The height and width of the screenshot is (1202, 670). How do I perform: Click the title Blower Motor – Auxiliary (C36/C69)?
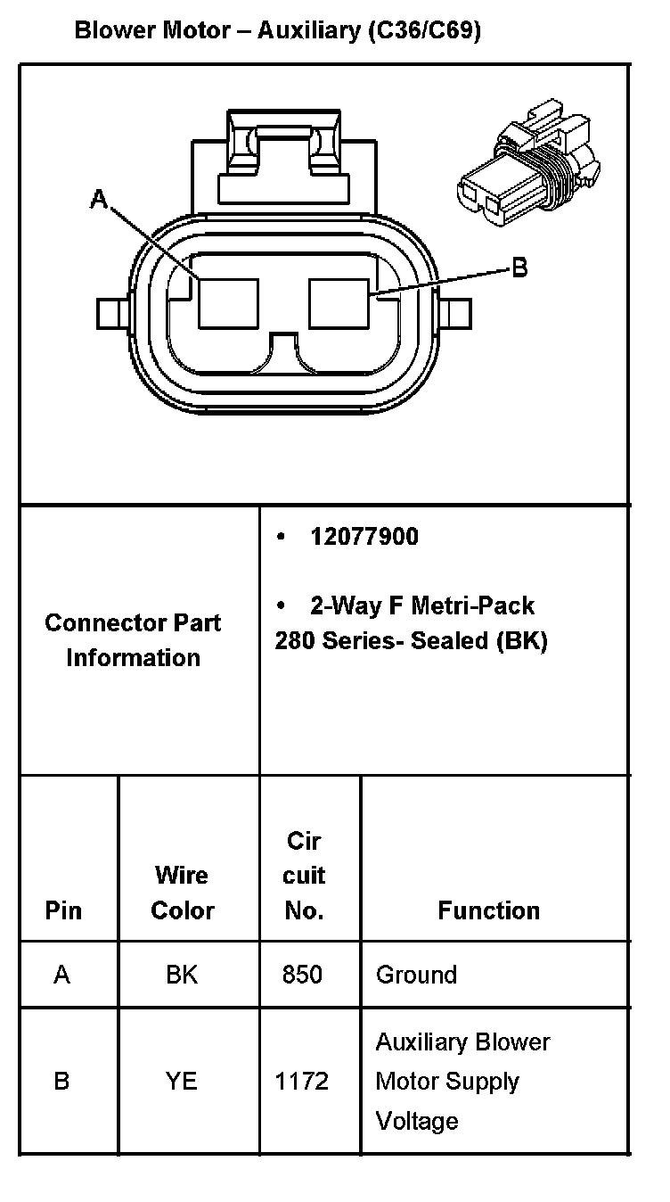pos(278,31)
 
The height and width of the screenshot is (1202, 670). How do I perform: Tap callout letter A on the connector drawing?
pos(99,200)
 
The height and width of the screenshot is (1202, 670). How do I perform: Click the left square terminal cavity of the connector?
pos(228,302)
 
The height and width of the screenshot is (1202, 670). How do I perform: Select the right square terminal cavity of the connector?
pos(339,302)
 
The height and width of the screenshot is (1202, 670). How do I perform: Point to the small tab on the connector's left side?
pos(113,313)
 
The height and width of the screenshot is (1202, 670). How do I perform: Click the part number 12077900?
pos(364,537)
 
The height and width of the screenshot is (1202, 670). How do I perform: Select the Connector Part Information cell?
pos(133,639)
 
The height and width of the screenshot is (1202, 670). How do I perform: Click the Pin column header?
pos(63,910)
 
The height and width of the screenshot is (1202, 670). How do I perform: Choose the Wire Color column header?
pos(183,893)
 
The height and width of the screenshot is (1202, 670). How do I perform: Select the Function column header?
pos(488,910)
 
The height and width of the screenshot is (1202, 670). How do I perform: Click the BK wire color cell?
pos(182,975)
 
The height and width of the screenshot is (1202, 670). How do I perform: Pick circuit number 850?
pos(302,975)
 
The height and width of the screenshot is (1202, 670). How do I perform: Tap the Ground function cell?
pos(416,975)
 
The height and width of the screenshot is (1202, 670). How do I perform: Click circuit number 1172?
pos(302,1082)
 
